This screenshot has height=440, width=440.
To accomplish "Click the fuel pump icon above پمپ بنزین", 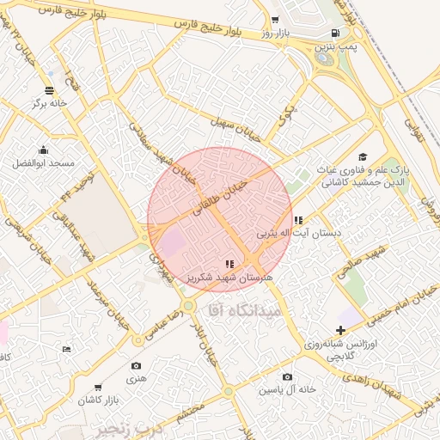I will pyautogui.click(x=334, y=33).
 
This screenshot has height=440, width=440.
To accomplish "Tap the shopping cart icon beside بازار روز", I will pyautogui.click(x=274, y=20).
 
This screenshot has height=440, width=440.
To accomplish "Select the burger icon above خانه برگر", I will pyautogui.click(x=49, y=89).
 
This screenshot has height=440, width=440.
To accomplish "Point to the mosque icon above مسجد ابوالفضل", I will pyautogui.click(x=43, y=150).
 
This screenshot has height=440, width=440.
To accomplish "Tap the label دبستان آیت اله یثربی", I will pyautogui.click(x=299, y=233).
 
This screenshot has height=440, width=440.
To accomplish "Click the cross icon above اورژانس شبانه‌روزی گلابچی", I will pyautogui.click(x=341, y=330).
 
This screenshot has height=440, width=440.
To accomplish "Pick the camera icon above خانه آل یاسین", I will pyautogui.click(x=287, y=376).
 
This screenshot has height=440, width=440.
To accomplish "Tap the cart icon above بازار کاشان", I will pyautogui.click(x=98, y=388).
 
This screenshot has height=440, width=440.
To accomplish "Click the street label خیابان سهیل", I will pyautogui.click(x=242, y=131).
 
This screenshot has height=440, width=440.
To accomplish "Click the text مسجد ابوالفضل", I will pyautogui.click(x=44, y=163).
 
